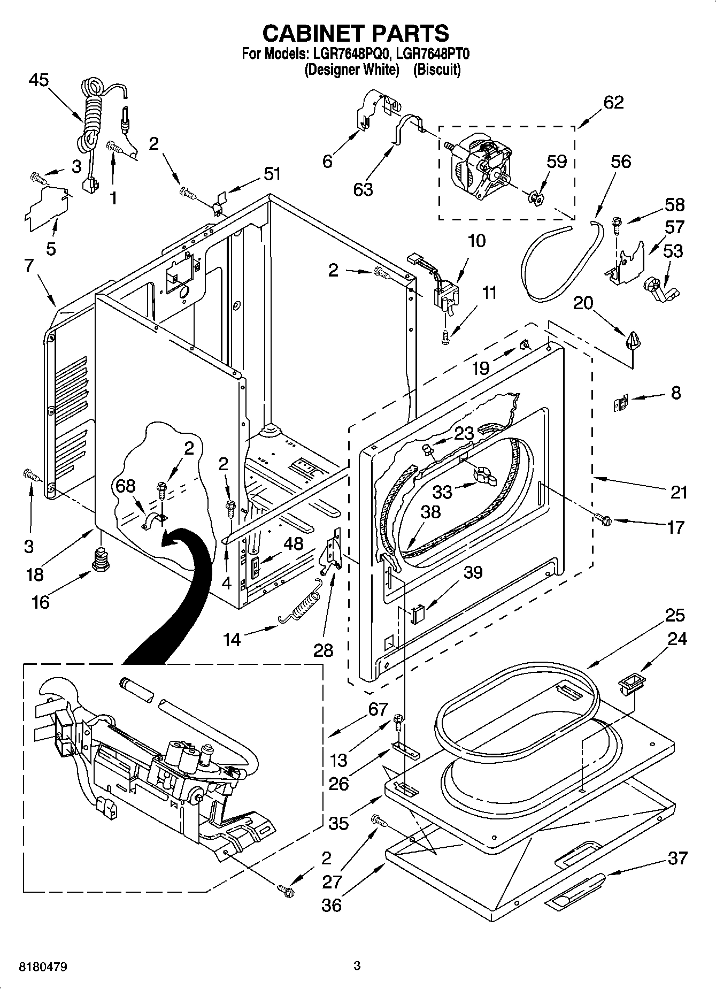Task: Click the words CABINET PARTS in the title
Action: [x=356, y=33]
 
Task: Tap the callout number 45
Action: [x=39, y=80]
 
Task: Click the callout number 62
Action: [x=613, y=102]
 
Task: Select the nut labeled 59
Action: [x=535, y=198]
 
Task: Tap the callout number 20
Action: [x=583, y=303]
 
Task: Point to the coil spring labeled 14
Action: [x=301, y=604]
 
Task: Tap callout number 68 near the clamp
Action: [x=126, y=486]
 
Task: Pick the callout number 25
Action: [x=675, y=615]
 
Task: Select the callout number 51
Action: [x=272, y=174]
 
